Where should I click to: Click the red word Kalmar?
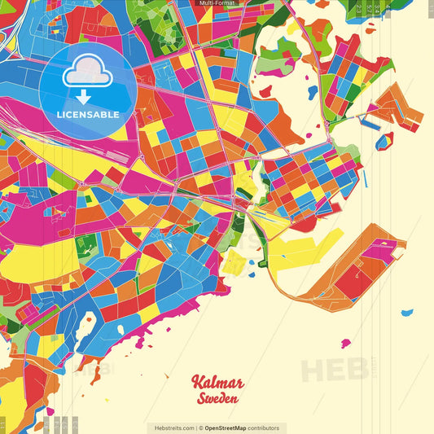pos(217,383)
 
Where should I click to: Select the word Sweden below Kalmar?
pos(217,399)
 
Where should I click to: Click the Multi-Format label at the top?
pos(216,3)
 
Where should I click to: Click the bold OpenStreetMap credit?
pos(230,427)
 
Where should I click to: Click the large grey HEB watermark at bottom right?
pos(333,370)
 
